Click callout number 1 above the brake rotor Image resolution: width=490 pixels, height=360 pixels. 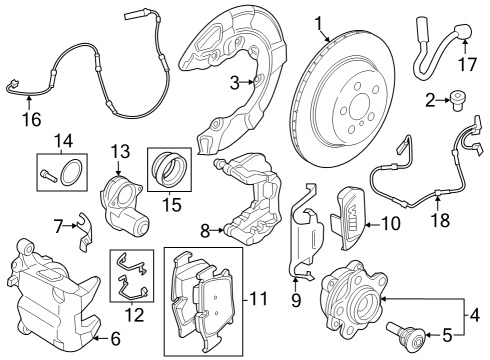[x=319, y=22]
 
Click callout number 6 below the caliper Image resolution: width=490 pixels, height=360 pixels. [x=115, y=338]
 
